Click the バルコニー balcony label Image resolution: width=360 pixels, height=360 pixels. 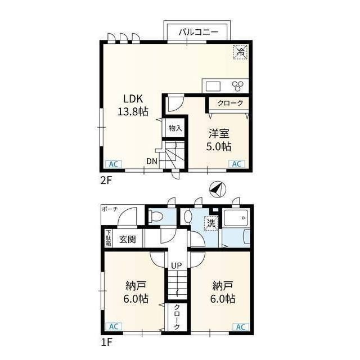coord(198,32)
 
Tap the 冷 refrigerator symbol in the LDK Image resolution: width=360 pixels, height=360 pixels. coord(240,52)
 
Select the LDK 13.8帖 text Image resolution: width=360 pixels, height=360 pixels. coord(133,105)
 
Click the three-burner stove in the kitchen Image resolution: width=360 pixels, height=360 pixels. coord(237,86)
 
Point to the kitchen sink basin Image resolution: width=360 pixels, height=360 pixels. coord(213,87)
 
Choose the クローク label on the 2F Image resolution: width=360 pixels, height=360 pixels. coord(230,103)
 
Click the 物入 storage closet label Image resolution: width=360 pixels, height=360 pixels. coord(175,128)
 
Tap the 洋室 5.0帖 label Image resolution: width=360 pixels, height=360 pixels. coord(219,140)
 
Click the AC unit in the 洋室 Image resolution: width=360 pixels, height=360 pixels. coord(237,164)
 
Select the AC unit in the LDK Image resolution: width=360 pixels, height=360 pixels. coord(114,164)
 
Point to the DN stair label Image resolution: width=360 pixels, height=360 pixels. coord(152,161)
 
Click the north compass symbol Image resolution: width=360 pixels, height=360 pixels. coord(218,190)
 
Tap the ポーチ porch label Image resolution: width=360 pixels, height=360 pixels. coord(110,209)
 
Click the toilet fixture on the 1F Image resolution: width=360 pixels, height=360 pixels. coord(156,216)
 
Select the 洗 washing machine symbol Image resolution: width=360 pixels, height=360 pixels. coord(211,223)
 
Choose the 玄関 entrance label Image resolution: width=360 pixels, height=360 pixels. coord(128,240)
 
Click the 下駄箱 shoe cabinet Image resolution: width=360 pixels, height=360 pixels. coord(109,238)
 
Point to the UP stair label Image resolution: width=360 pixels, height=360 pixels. coord(176,265)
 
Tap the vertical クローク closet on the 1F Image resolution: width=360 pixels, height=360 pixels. coord(177,317)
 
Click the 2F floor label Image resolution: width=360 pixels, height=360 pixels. coord(106,181)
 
